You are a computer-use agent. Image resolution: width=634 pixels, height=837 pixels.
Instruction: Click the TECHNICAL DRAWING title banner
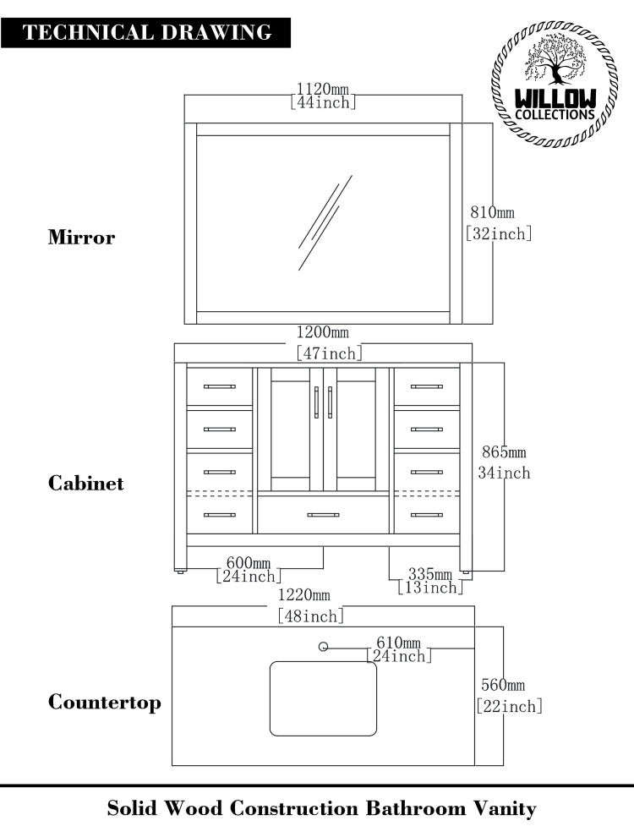pyautogui.click(x=147, y=33)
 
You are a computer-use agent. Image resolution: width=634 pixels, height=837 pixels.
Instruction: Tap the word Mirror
pyautogui.click(x=81, y=238)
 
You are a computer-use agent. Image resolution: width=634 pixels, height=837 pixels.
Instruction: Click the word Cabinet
pyautogui.click(x=85, y=484)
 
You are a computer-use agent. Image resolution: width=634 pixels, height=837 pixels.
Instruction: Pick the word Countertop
pyautogui.click(x=104, y=703)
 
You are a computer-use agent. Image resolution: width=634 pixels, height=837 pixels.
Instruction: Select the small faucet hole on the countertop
pyautogui.click(x=323, y=647)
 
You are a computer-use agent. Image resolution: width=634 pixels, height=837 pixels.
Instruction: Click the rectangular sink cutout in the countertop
pyautogui.click(x=323, y=698)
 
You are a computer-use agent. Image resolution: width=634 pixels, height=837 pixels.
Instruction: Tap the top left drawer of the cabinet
pyautogui.click(x=220, y=386)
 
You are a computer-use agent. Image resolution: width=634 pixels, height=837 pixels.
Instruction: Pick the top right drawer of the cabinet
pyautogui.click(x=427, y=386)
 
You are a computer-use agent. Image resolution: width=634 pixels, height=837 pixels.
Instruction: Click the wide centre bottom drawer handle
pyautogui.click(x=323, y=515)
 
